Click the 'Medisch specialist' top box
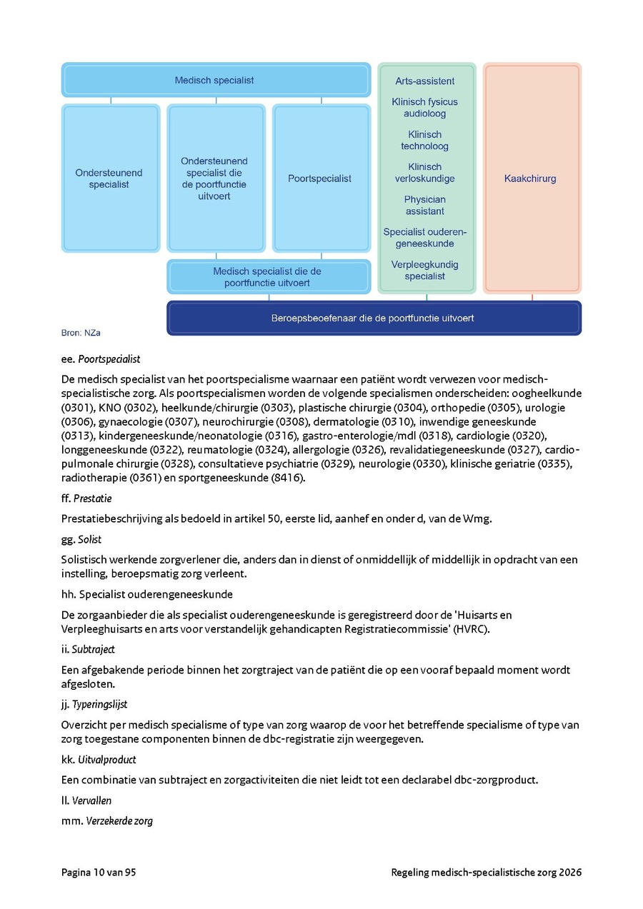[x=215, y=81]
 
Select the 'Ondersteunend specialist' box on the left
[x=109, y=179]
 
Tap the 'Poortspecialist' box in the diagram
[x=320, y=179]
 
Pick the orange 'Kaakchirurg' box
[x=530, y=179]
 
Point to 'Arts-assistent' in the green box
[x=425, y=81]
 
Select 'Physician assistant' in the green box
[x=425, y=205]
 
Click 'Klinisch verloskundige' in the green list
[x=425, y=173]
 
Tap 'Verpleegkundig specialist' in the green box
[x=425, y=270]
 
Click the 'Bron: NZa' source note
[x=76, y=333]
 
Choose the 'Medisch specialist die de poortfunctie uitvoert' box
[x=267, y=277]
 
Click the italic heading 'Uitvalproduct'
[x=104, y=759]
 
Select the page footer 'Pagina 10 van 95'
[x=99, y=873]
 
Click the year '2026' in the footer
[x=569, y=873]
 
